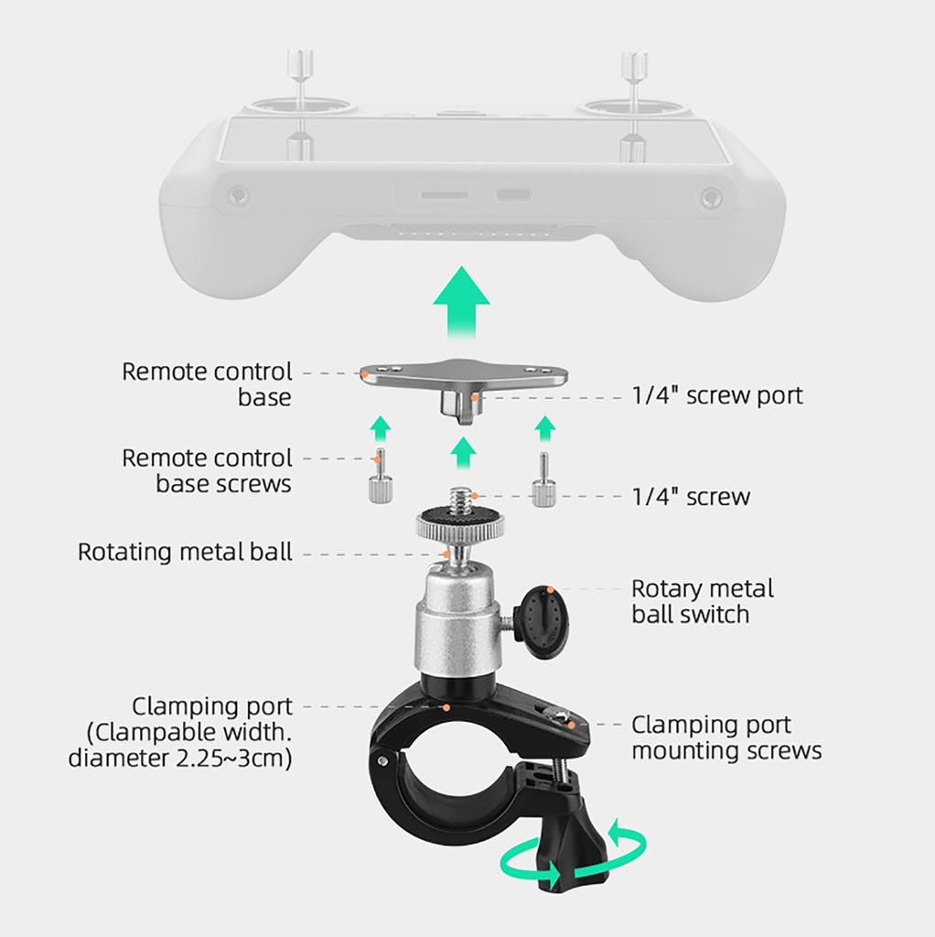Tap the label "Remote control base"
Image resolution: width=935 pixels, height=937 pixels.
click(208, 384)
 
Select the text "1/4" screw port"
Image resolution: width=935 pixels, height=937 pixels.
click(716, 395)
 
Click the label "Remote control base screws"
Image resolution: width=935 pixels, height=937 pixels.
click(208, 470)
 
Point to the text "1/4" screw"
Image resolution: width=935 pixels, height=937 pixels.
click(691, 497)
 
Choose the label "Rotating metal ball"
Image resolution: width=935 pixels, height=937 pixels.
click(185, 552)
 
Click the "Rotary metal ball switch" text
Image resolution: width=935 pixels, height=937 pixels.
click(703, 600)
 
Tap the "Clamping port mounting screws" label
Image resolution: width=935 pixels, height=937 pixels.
click(726, 738)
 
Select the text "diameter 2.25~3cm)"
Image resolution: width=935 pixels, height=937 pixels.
click(180, 758)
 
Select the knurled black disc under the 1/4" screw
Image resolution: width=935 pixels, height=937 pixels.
click(457, 525)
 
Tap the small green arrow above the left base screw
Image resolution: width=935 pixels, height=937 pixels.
click(382, 425)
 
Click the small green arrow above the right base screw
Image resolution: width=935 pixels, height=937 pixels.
click(545, 426)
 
